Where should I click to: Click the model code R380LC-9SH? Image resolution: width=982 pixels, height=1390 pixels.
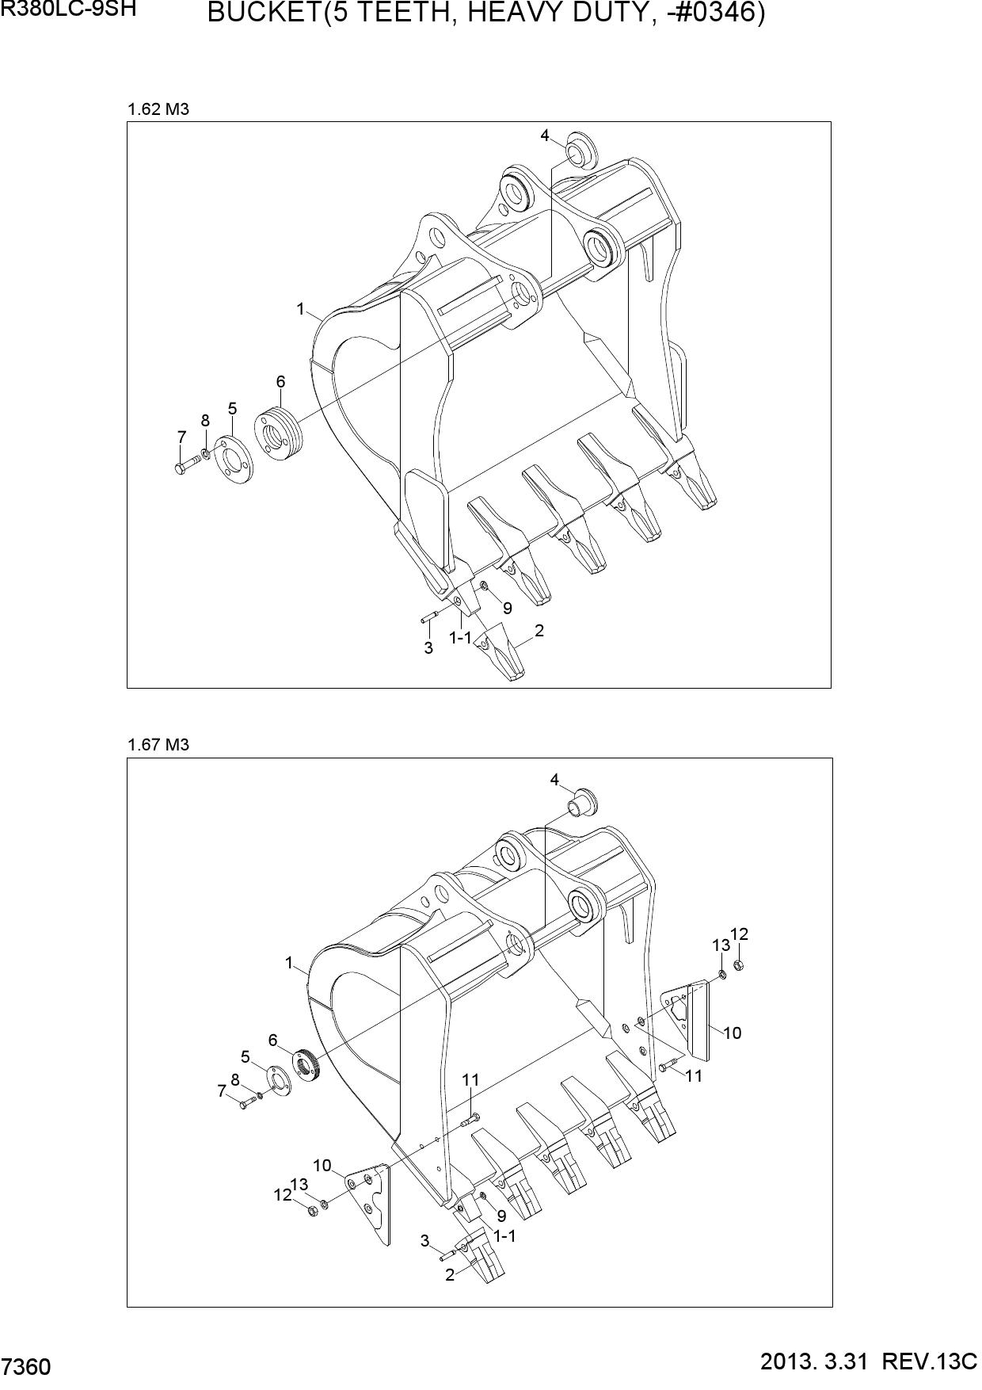68,10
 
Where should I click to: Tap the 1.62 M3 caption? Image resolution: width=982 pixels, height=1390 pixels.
158,109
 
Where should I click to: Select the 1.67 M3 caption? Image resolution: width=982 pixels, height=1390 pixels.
158,745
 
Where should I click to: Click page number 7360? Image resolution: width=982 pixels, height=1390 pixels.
27,1367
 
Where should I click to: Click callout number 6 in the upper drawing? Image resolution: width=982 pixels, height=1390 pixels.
280,381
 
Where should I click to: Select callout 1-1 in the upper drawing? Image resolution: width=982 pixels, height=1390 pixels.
460,637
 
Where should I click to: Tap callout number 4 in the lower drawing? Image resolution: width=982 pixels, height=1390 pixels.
554,780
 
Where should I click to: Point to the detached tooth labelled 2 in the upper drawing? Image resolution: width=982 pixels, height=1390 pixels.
504,651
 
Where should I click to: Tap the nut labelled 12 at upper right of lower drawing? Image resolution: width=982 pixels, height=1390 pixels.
738,965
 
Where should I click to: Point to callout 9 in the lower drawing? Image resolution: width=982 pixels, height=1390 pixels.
501,1215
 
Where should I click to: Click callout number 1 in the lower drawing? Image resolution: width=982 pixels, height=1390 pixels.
289,963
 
